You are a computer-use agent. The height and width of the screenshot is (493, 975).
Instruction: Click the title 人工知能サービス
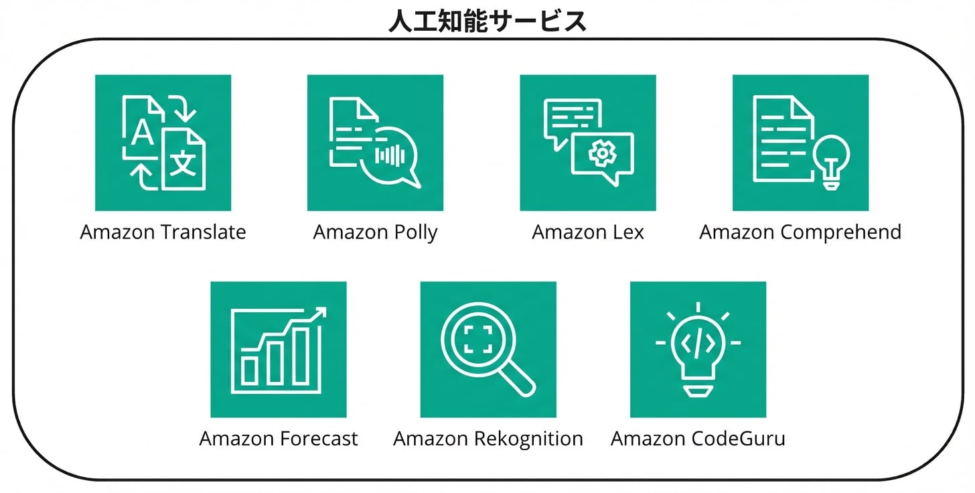[487, 21]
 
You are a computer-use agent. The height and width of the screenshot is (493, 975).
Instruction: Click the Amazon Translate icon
[163, 143]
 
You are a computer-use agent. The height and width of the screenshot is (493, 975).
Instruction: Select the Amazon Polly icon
[375, 143]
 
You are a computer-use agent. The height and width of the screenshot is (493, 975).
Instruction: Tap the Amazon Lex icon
[588, 143]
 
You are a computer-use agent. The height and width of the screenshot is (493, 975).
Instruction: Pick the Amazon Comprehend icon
[800, 143]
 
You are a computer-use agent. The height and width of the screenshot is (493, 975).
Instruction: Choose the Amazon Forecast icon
[279, 349]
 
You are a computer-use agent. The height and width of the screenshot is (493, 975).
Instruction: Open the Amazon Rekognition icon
[488, 349]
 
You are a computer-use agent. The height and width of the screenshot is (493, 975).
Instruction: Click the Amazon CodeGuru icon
[698, 349]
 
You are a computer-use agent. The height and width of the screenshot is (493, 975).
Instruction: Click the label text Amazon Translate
[163, 232]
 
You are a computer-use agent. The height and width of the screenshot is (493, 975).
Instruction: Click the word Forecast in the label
[318, 439]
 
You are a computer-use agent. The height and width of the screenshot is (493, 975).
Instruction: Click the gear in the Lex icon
[602, 154]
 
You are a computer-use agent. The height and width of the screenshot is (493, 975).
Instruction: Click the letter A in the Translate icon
[141, 132]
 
